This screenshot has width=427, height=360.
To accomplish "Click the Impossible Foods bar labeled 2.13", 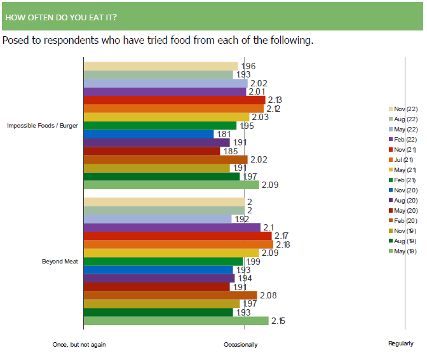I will pos(174,100).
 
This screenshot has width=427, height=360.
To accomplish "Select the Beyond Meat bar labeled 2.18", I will pos(178,244).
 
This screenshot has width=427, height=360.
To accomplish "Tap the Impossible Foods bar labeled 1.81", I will pos(149,134).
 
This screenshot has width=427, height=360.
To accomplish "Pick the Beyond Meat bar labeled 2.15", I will pos(176,321).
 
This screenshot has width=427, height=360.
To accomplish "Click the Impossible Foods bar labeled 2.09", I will pos(172,185).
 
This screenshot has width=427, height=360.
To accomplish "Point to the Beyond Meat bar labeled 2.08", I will pos(170,295).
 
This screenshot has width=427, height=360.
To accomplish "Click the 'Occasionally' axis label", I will pos(241,344).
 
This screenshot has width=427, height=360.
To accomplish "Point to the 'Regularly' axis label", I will pos(401,344).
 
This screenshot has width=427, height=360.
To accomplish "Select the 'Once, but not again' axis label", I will pos(79,344).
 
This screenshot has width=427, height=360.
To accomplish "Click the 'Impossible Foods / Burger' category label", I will pos(43,126).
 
